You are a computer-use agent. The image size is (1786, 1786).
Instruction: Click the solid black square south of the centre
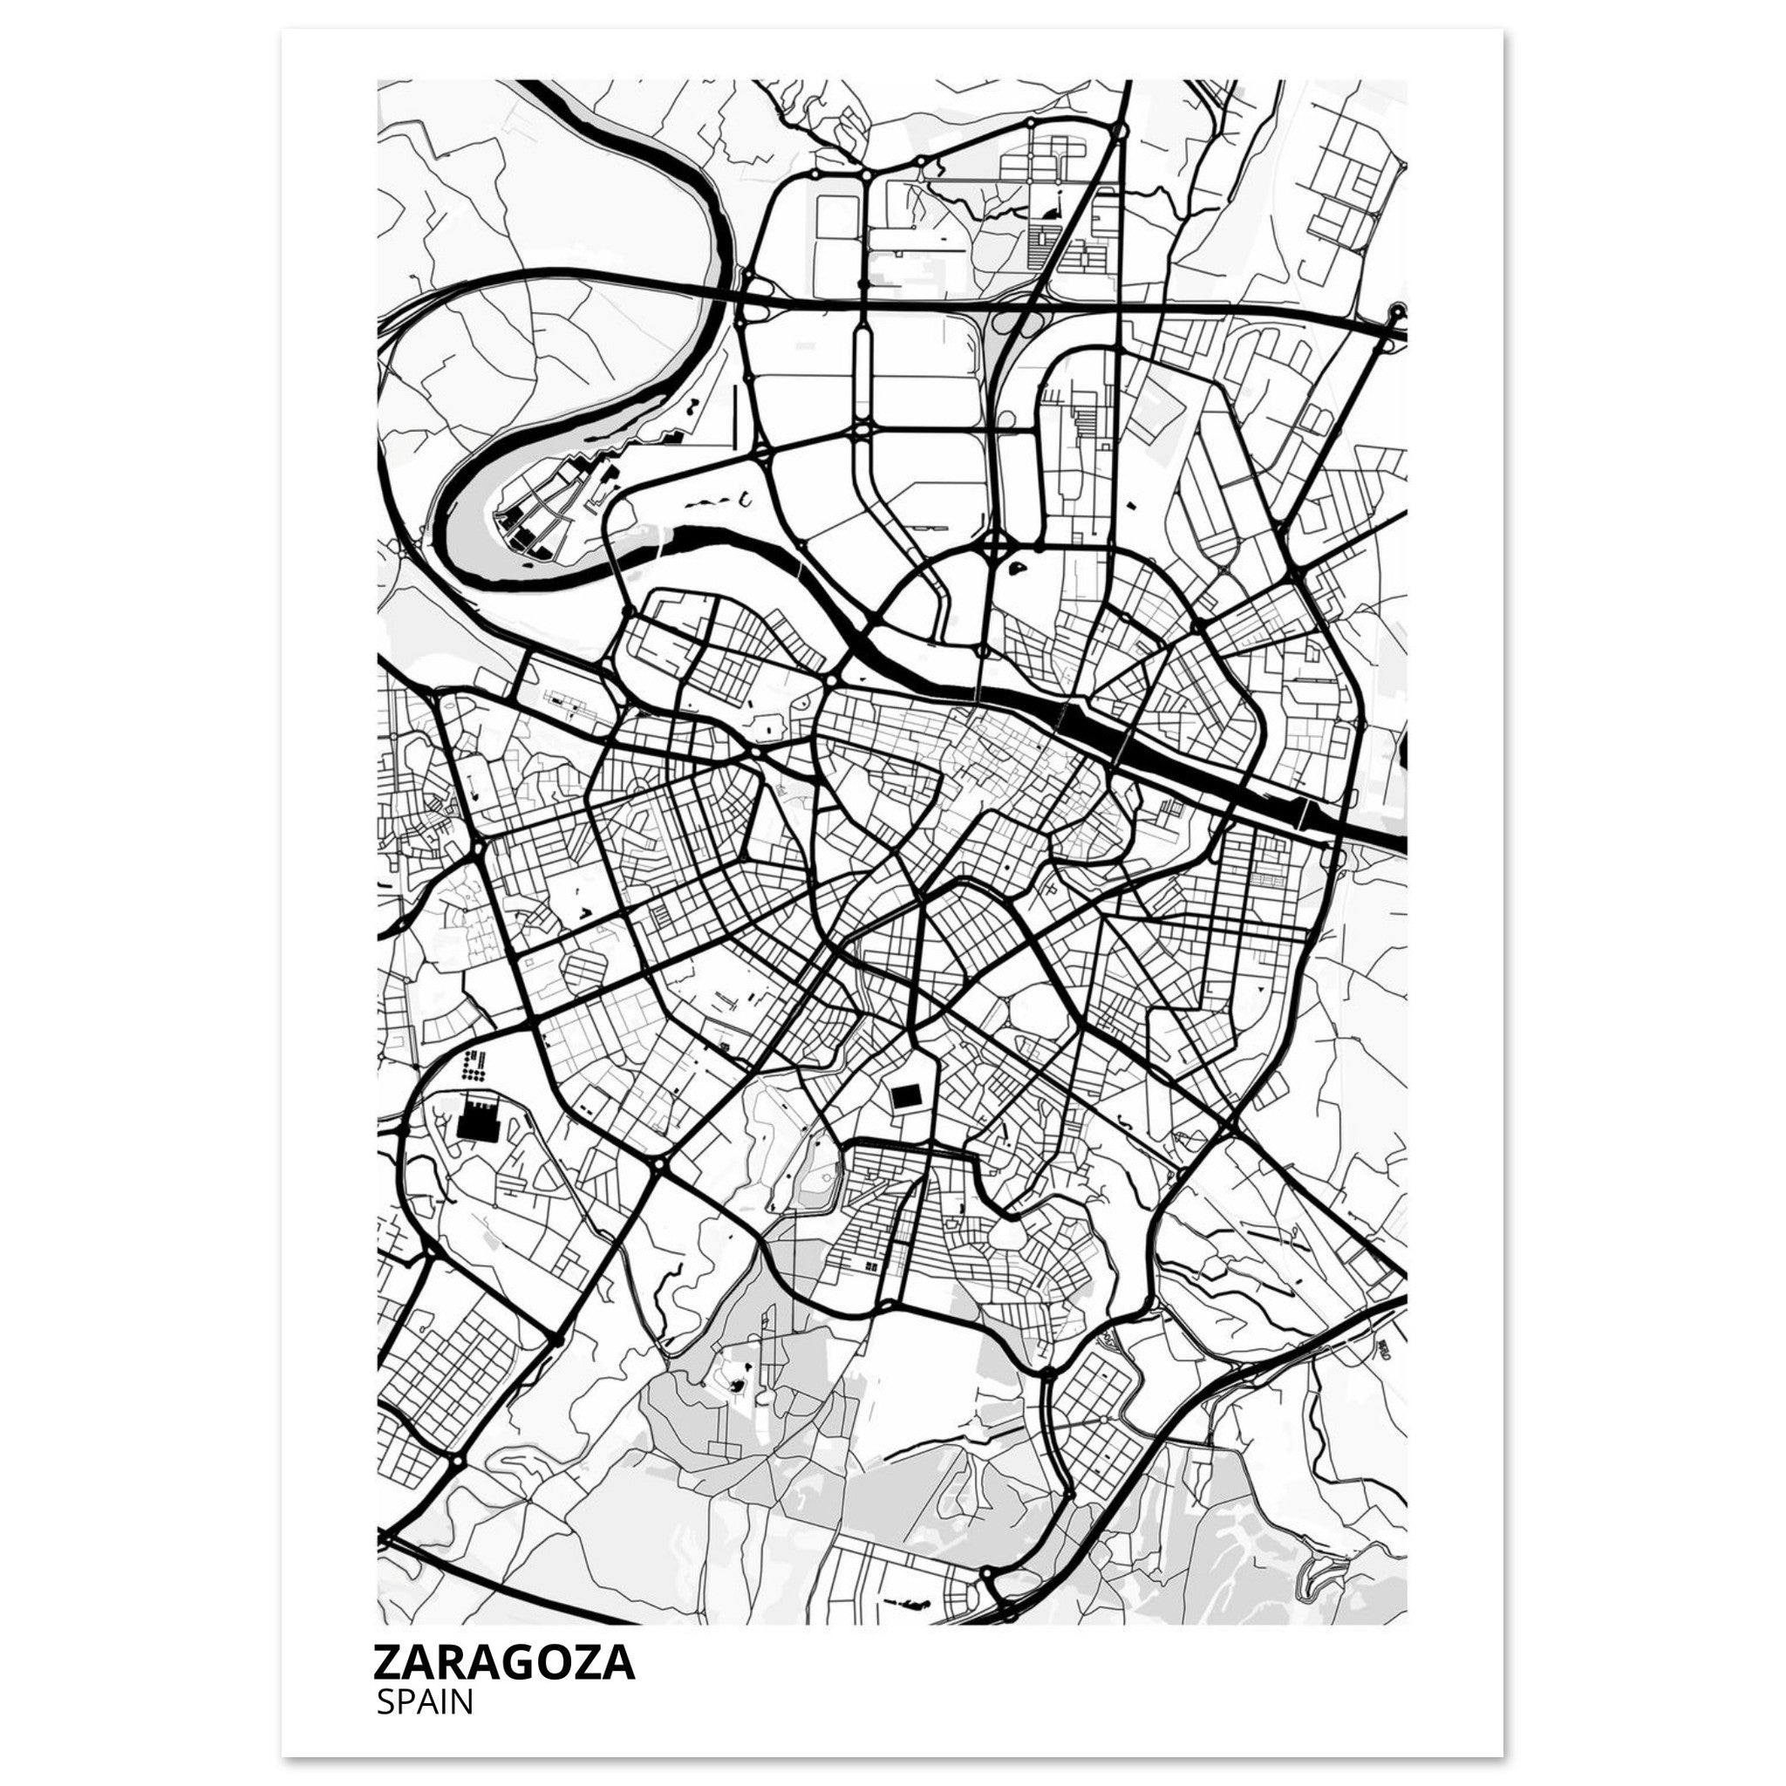tap(905, 1096)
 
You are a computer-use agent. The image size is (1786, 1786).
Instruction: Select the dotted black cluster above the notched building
tap(474, 1067)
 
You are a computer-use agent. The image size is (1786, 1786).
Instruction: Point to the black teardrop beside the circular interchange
tap(1018, 567)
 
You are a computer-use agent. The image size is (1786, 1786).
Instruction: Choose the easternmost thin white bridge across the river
tap(1304, 812)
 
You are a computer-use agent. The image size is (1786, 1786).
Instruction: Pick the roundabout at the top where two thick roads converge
tap(1120, 133)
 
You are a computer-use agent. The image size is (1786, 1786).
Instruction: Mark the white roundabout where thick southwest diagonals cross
tap(659, 1167)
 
